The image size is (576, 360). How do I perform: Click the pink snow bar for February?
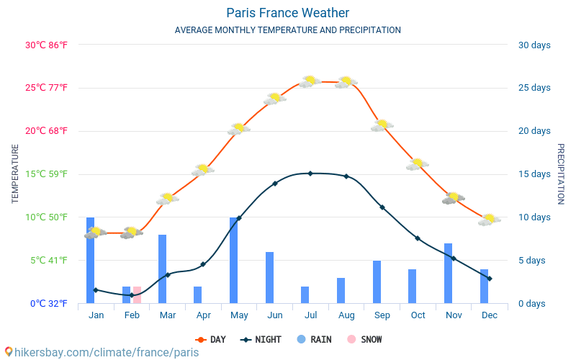click(x=137, y=294)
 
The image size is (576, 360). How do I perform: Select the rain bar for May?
click(x=233, y=261)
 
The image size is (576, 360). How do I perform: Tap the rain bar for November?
click(x=448, y=274)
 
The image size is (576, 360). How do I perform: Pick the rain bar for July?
click(x=305, y=294)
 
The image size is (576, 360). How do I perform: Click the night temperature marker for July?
click(x=310, y=174)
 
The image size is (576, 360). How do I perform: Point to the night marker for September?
click(x=382, y=207)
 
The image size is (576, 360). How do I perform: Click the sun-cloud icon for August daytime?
click(x=346, y=82)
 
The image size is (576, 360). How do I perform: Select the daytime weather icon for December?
click(x=490, y=220)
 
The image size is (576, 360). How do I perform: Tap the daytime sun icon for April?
click(x=202, y=170)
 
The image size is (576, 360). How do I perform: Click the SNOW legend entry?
click(x=364, y=339)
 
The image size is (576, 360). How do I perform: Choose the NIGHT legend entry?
click(x=261, y=339)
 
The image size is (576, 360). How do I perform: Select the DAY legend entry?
click(x=210, y=339)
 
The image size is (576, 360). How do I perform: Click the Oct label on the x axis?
click(x=418, y=315)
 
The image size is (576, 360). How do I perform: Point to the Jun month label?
click(x=275, y=315)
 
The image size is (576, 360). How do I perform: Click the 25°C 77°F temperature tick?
click(x=46, y=87)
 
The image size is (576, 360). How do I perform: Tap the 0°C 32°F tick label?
click(x=49, y=303)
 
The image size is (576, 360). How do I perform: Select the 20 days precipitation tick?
click(x=534, y=131)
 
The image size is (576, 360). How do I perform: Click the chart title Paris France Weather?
click(x=287, y=13)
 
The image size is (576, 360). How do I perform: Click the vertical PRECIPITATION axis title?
click(x=561, y=174)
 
